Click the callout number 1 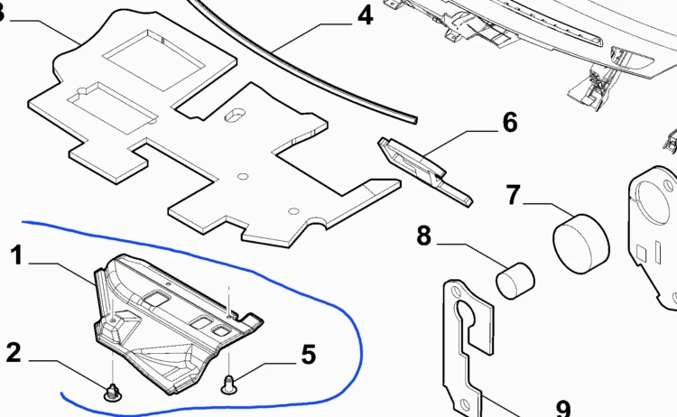click(x=16, y=255)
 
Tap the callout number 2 click(x=14, y=353)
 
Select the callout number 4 click(x=366, y=16)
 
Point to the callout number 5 click(x=309, y=355)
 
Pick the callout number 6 click(x=510, y=122)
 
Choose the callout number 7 click(x=514, y=195)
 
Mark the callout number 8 click(x=424, y=236)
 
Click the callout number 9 click(x=563, y=408)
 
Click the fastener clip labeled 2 click(x=112, y=392)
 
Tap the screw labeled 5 click(x=229, y=385)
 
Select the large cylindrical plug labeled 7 click(x=581, y=244)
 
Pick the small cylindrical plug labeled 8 click(x=515, y=281)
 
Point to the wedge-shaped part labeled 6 click(x=423, y=171)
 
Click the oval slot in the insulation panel click(x=235, y=116)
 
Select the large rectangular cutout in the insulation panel click(x=154, y=60)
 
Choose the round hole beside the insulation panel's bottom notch click(x=293, y=211)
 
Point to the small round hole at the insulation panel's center click(x=243, y=177)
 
